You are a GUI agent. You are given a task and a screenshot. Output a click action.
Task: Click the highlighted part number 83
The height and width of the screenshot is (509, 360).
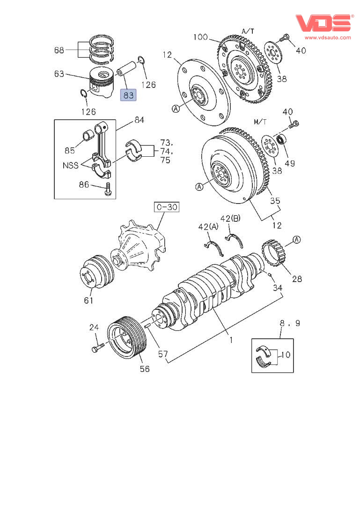pos(128,95)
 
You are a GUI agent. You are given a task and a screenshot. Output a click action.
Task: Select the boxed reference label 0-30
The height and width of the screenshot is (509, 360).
pos(167,207)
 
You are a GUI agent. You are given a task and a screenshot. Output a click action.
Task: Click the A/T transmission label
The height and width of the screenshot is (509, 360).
pos(248,31)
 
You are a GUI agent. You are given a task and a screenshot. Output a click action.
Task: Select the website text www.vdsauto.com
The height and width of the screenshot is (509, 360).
pos(328,37)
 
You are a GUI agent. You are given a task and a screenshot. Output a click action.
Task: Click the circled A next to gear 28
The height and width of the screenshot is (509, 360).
pos(296,240)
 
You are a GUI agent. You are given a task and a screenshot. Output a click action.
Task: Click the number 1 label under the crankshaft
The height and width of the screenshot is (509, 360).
pos(231,340)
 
